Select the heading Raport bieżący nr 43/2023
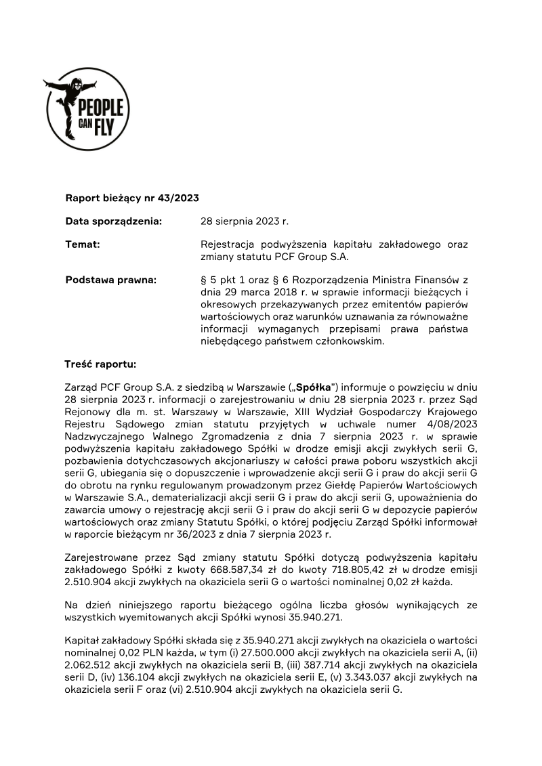pos(131,198)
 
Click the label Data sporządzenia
pos(113,221)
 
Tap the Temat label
pos(83,244)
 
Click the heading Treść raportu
pos(100,364)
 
